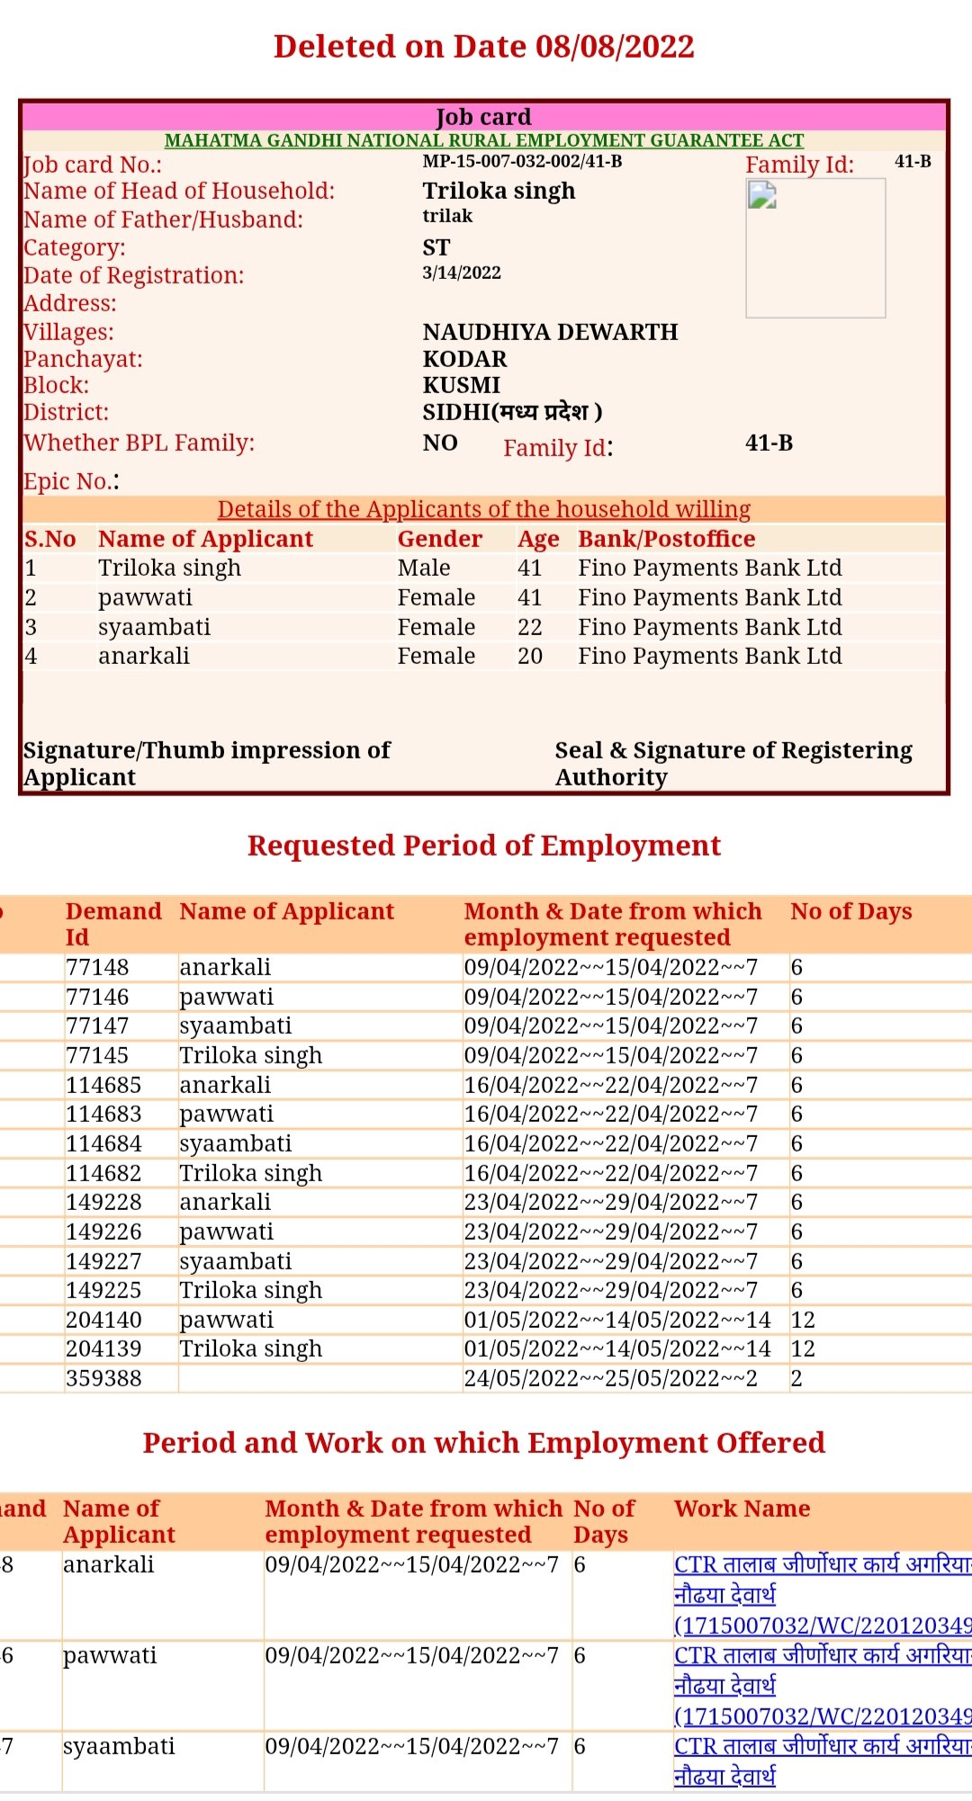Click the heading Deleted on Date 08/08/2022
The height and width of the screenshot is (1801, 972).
click(x=484, y=47)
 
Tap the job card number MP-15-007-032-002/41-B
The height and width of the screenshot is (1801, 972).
click(x=522, y=162)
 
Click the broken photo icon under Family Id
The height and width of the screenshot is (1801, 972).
click(x=762, y=195)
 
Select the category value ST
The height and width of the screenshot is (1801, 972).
click(x=436, y=247)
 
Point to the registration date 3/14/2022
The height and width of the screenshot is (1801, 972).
click(x=462, y=273)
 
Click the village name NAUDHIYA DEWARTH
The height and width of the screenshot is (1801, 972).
click(x=550, y=332)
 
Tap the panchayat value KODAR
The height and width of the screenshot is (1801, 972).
click(x=465, y=359)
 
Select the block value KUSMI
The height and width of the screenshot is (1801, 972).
click(x=462, y=385)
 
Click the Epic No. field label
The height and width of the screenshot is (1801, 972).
click(x=71, y=481)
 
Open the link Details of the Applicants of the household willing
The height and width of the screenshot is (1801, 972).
click(x=484, y=509)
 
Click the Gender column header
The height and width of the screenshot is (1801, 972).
click(x=440, y=539)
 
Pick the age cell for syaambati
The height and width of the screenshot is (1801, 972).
click(x=530, y=627)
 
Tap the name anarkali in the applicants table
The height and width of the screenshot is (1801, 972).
click(x=144, y=656)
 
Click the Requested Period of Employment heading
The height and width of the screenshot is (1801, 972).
click(x=484, y=846)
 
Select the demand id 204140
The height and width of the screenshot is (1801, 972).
click(x=103, y=1320)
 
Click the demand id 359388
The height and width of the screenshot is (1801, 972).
click(x=103, y=1378)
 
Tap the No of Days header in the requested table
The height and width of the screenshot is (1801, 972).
click(x=851, y=911)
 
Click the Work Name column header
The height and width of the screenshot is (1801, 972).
click(x=742, y=1509)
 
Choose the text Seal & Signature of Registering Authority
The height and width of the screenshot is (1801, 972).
click(x=733, y=764)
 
